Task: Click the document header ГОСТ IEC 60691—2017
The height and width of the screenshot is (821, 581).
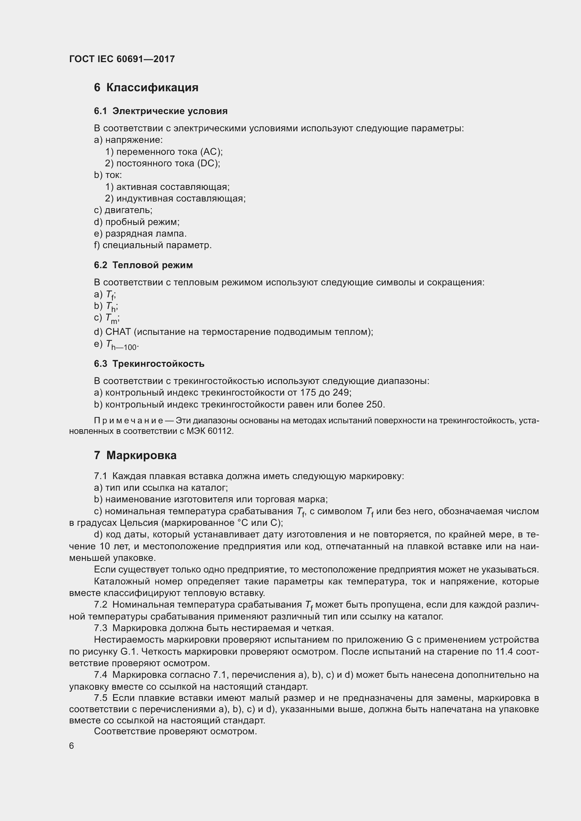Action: (x=122, y=59)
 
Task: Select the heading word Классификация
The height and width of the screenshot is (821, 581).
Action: (x=152, y=88)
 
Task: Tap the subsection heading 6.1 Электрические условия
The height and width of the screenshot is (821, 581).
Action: (x=161, y=111)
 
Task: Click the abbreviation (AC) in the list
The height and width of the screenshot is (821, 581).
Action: (x=211, y=152)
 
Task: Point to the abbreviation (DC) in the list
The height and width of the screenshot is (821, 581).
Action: (x=208, y=164)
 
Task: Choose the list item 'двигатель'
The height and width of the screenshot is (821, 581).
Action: (x=128, y=210)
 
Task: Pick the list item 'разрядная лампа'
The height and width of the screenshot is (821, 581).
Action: (x=146, y=234)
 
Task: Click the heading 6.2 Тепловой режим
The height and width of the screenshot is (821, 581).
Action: (x=143, y=265)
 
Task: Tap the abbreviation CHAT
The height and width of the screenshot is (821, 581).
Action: (x=118, y=332)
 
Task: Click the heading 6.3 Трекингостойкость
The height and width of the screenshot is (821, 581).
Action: (x=149, y=364)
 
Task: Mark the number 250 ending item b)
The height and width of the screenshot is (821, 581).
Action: (x=374, y=404)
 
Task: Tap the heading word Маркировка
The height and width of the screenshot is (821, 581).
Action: (x=141, y=456)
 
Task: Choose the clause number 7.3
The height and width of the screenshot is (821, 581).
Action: (x=100, y=628)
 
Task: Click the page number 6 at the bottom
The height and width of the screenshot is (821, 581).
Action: (x=72, y=746)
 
